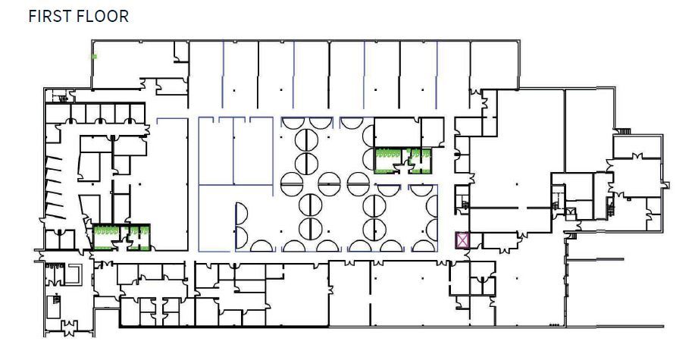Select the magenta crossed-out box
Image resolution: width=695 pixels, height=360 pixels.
(x=462, y=240)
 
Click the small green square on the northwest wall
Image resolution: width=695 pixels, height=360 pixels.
(x=94, y=56)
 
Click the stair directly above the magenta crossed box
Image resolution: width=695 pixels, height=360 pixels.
(x=460, y=203)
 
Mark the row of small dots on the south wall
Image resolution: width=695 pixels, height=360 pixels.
(x=556, y=325)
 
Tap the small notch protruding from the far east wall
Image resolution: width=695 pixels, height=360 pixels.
(x=666, y=184)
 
